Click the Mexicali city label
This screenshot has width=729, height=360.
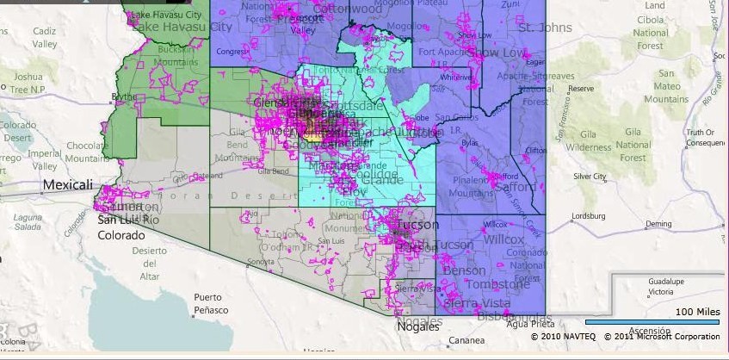tap(70, 185)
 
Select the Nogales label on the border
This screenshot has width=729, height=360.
tap(419, 323)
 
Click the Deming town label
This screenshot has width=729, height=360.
tap(658, 224)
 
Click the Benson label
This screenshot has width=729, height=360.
tap(464, 270)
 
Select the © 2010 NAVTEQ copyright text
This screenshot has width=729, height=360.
tap(564, 337)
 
